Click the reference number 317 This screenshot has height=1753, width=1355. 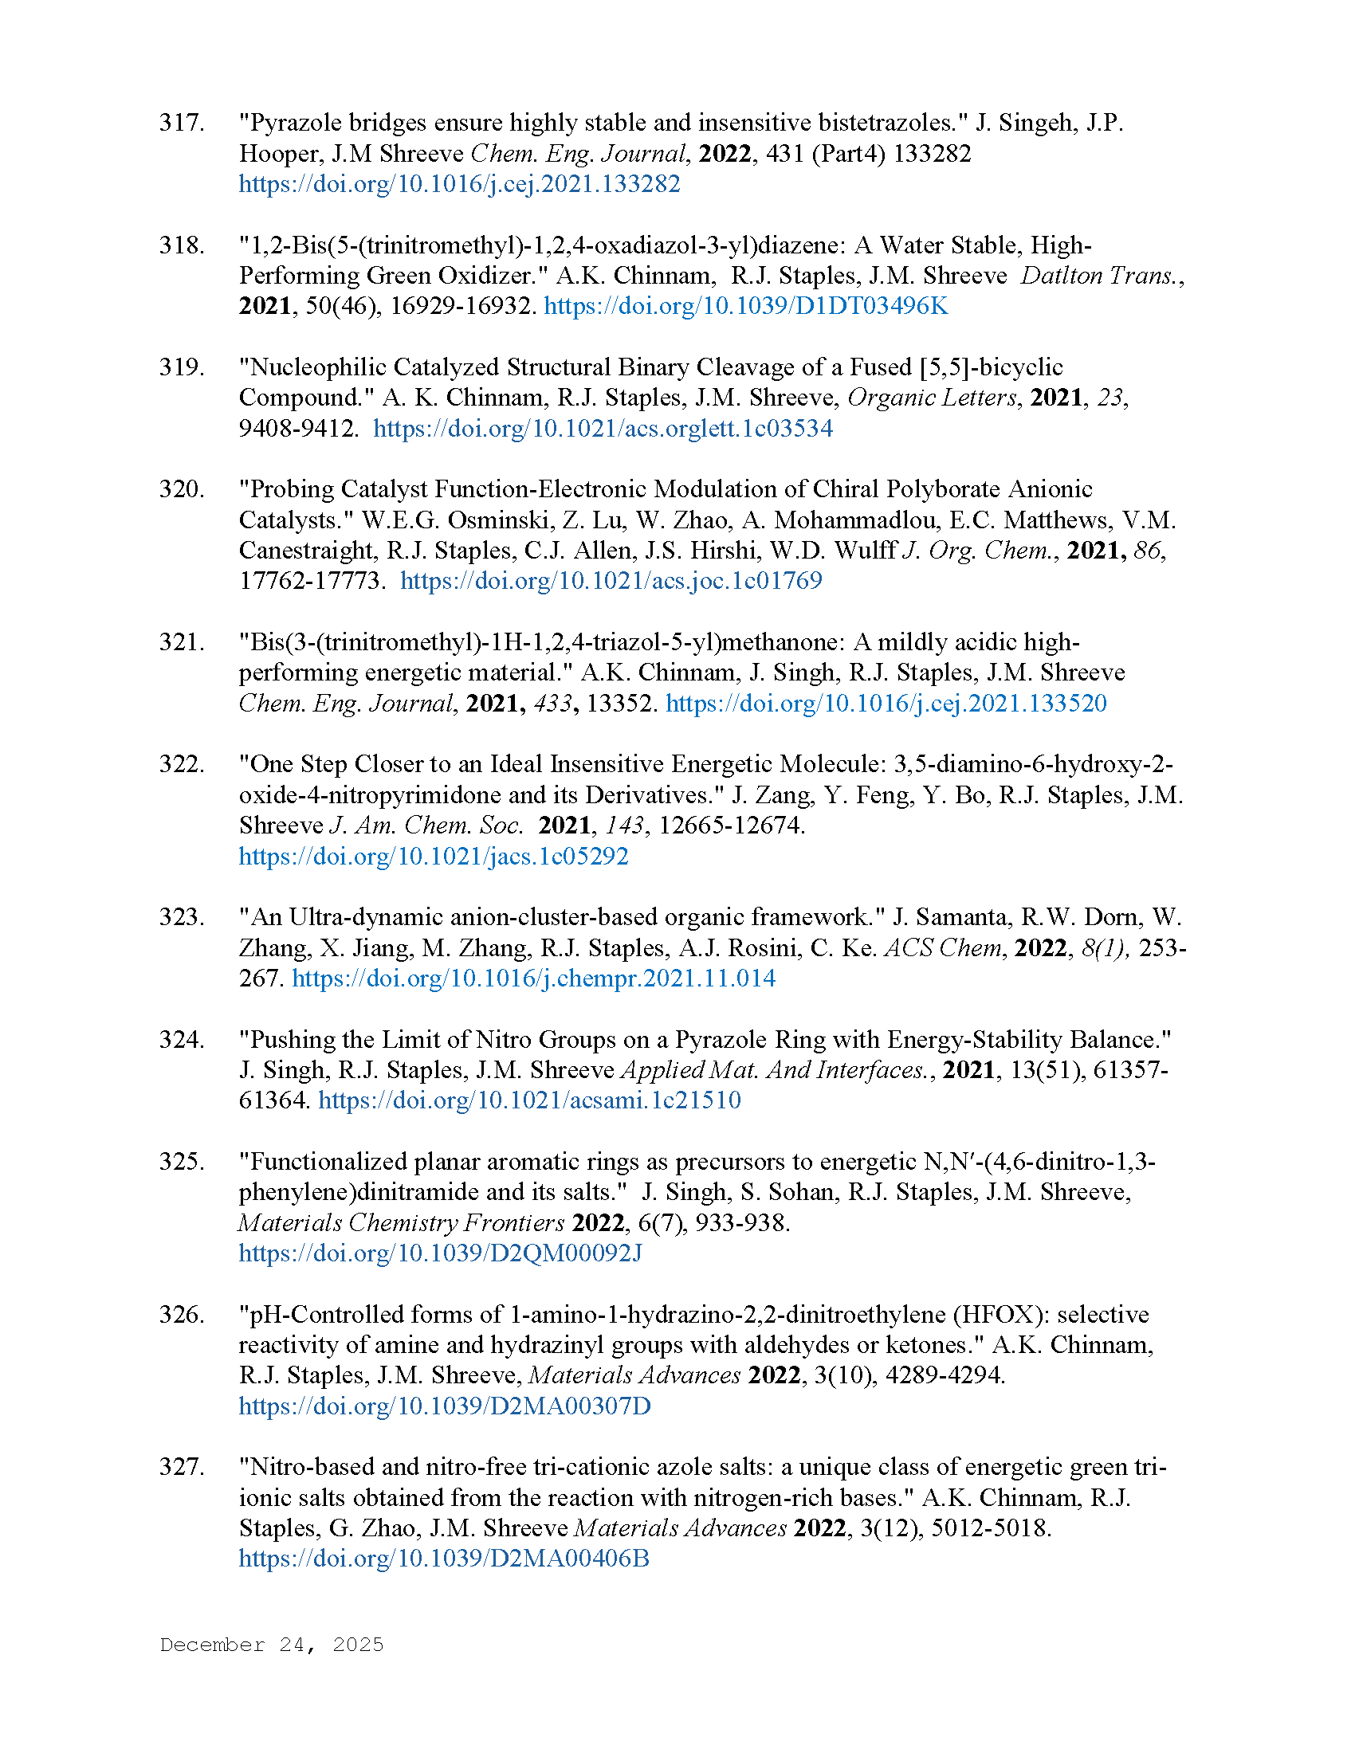click(x=182, y=123)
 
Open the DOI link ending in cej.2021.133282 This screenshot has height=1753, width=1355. click(x=459, y=185)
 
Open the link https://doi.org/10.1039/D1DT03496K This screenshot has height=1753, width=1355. click(x=746, y=307)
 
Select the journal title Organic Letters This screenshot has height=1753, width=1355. click(x=931, y=398)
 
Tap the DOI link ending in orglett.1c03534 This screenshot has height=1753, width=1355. click(x=603, y=429)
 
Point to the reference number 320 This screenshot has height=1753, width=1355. click(x=182, y=489)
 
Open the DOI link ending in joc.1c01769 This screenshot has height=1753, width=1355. click(x=611, y=581)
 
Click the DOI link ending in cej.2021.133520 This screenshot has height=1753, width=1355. click(x=886, y=704)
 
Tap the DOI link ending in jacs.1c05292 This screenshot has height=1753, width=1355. click(x=434, y=857)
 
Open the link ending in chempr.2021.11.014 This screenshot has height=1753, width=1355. click(x=534, y=979)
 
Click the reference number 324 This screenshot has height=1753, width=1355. click(x=182, y=1040)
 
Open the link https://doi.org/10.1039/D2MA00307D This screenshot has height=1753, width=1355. click(x=445, y=1407)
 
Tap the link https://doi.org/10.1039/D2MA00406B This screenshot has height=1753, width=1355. click(x=444, y=1559)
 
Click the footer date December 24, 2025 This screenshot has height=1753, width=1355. click(x=271, y=1645)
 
